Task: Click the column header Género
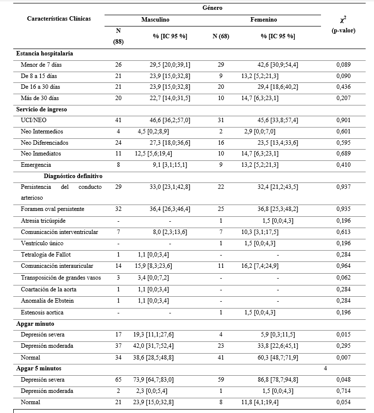tap(213, 8)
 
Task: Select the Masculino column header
tap(156, 20)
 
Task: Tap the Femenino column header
tap(264, 20)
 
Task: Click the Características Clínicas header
tap(59, 19)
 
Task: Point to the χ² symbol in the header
tap(342, 20)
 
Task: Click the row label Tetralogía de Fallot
tap(46, 255)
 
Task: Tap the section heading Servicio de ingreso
tap(42, 109)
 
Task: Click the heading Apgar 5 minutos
tap(39, 368)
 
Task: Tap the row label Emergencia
tap(36, 165)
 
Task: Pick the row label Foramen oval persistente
tap(53, 209)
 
